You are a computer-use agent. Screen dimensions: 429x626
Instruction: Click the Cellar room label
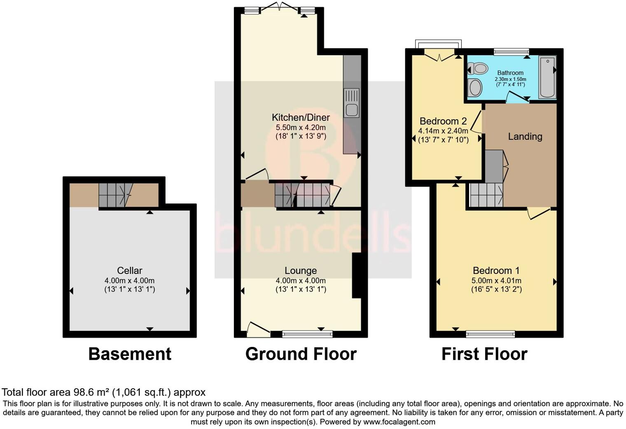(129, 271)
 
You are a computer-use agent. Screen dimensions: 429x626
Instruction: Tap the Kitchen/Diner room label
(301, 117)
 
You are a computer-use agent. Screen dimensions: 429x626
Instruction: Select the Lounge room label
(301, 271)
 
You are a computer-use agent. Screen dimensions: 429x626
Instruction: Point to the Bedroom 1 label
(496, 271)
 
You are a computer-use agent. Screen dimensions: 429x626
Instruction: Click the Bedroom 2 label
(443, 121)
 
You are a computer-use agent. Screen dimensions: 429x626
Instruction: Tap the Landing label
(525, 137)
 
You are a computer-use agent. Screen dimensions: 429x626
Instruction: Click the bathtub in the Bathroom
(547, 78)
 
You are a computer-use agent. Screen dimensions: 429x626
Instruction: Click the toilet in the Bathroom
(478, 68)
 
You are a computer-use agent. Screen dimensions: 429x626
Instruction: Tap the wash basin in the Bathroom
(475, 87)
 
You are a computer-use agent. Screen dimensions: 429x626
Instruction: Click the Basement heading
(129, 354)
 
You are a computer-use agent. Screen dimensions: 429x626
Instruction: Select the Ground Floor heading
(301, 354)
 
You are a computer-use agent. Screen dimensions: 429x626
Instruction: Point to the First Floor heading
(484, 354)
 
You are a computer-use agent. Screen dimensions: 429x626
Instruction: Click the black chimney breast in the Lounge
(356, 275)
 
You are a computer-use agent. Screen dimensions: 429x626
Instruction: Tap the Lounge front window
(307, 333)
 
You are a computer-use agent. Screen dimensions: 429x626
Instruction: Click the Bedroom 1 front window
(490, 333)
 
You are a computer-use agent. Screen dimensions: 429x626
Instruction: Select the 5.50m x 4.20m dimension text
(301, 127)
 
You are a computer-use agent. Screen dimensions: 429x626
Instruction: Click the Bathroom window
(511, 52)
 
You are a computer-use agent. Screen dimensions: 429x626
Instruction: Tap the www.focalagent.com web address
(399, 422)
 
